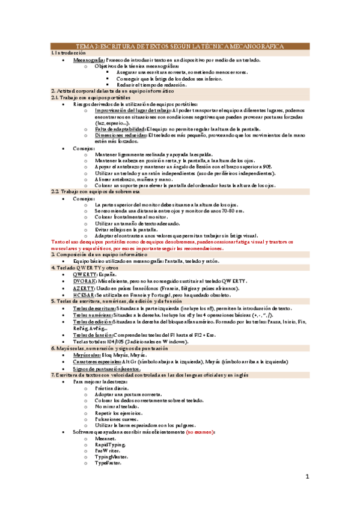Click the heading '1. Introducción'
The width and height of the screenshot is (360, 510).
pos(69,53)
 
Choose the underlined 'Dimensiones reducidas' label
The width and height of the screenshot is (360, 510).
pos(120,135)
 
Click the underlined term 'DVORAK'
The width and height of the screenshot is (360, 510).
pos(85,281)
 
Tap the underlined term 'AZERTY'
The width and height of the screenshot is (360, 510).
pos(84,288)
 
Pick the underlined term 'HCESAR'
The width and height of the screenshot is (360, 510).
pos(84,295)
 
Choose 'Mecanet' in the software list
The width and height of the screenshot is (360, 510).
pos(106,439)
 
